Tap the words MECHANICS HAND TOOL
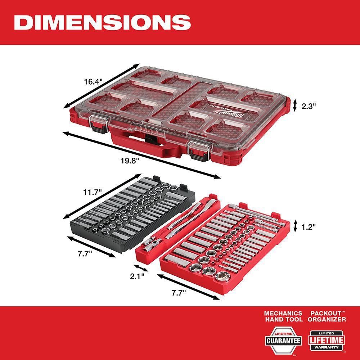pos(283,316)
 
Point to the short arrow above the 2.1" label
pos(141,268)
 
